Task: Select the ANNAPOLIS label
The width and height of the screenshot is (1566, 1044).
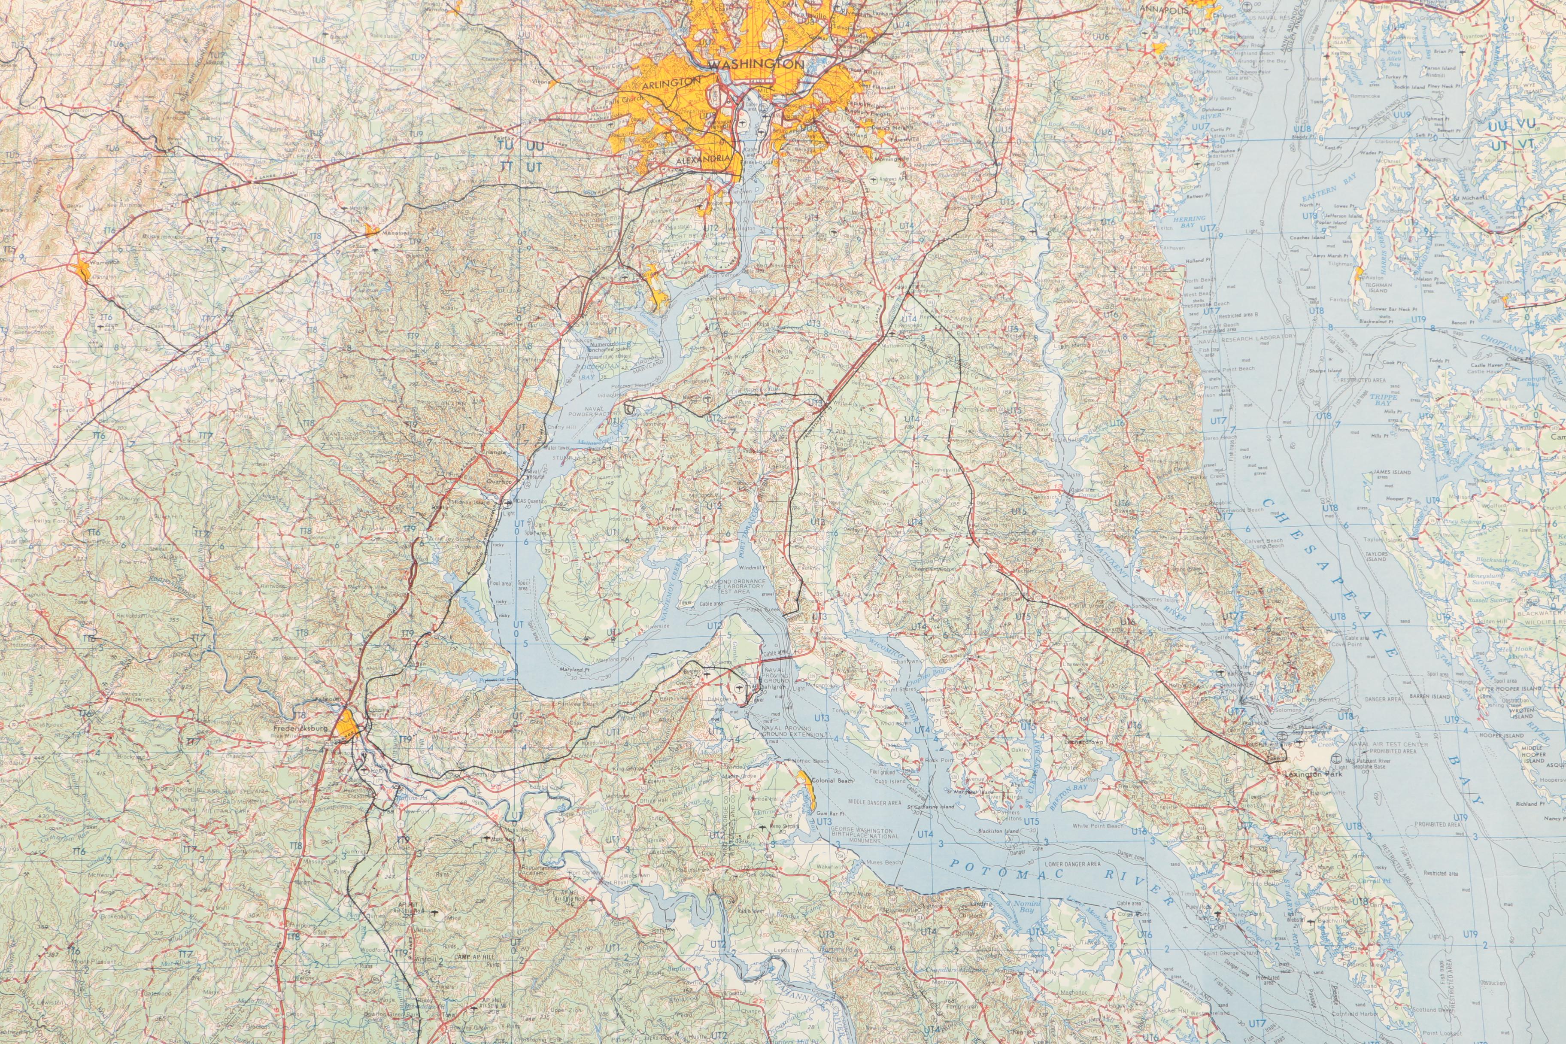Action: [1163, 10]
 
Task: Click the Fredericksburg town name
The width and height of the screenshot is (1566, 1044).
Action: [300, 728]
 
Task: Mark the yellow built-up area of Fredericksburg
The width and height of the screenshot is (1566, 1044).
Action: [348, 726]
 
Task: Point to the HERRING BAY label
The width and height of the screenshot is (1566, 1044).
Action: [1189, 222]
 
